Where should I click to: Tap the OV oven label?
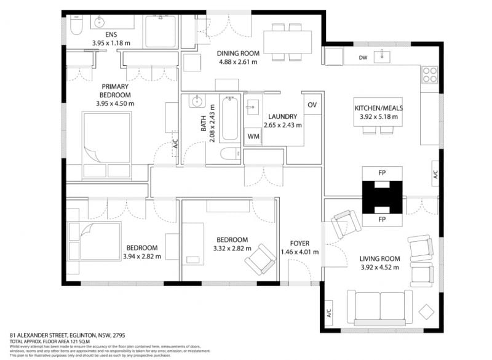312,105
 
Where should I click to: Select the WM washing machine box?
253,135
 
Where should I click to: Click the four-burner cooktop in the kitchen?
429,74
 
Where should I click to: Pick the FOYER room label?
300,243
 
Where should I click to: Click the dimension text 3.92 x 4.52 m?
379,267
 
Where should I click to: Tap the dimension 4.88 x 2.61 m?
237,62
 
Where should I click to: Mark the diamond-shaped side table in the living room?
426,311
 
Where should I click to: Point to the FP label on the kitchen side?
381,173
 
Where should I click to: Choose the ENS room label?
111,35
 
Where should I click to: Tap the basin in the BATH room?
197,101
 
